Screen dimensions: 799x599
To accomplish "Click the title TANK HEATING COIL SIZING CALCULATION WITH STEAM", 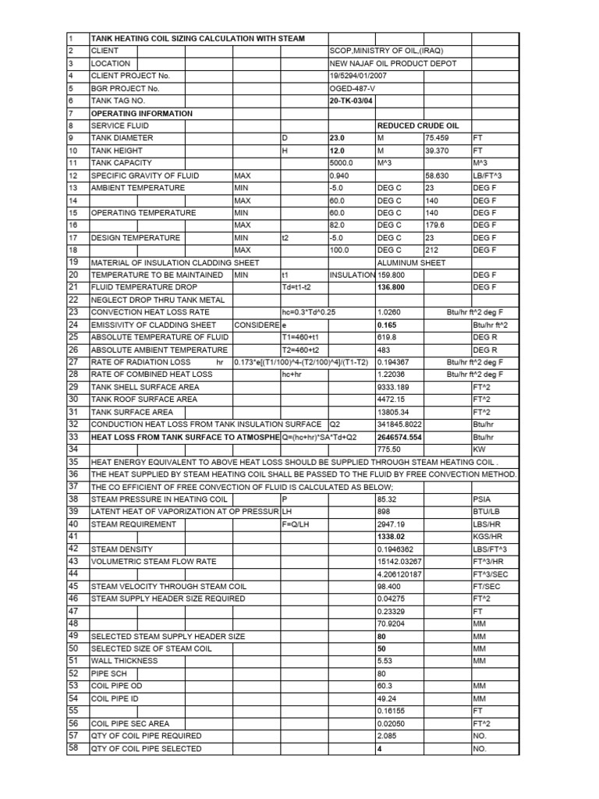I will tap(198, 38).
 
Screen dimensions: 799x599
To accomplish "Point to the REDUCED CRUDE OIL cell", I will tap(418, 126).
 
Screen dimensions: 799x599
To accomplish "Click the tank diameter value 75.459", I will tap(438, 138).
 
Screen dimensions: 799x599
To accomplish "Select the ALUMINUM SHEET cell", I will tap(410, 263).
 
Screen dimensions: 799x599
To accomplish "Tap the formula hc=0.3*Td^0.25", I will tap(314, 312).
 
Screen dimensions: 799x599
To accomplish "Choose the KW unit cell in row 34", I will tap(479, 449).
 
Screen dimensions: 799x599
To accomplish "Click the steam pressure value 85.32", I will tap(387, 499).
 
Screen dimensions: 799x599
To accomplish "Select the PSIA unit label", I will tap(482, 499).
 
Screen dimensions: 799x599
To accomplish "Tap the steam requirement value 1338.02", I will tap(392, 537).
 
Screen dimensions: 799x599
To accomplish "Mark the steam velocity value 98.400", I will tap(389, 586).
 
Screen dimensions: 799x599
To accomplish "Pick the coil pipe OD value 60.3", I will tap(385, 686).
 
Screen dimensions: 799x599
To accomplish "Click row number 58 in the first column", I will tap(74, 748).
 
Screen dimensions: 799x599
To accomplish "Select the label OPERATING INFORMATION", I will tap(142, 113).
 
